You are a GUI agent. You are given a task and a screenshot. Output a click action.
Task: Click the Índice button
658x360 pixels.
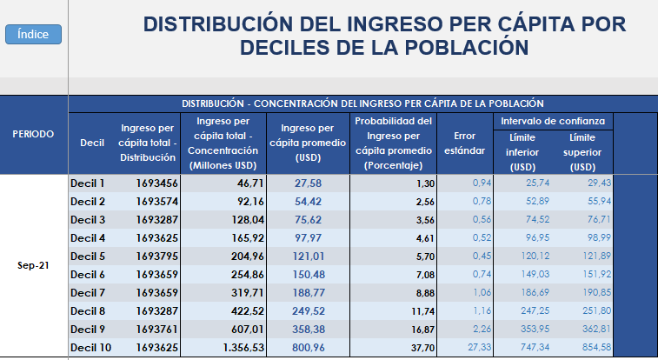[33, 35]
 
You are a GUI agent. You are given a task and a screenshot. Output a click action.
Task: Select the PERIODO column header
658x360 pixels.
[33, 134]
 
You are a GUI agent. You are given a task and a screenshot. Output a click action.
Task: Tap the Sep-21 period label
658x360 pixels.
[33, 265]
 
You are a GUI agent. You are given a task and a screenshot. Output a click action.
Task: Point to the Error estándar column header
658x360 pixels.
[465, 143]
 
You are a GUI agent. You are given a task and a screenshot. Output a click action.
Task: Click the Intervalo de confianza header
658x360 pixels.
[552, 121]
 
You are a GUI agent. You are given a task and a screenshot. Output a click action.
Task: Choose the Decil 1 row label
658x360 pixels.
[87, 183]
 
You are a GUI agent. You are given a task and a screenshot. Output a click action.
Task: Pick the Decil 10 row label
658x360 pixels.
[90, 348]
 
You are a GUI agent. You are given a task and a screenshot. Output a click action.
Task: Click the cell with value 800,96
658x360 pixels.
[308, 348]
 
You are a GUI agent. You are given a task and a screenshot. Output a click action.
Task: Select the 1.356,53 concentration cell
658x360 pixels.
[235, 348]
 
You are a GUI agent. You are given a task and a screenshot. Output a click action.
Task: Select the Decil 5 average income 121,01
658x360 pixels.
[308, 257]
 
